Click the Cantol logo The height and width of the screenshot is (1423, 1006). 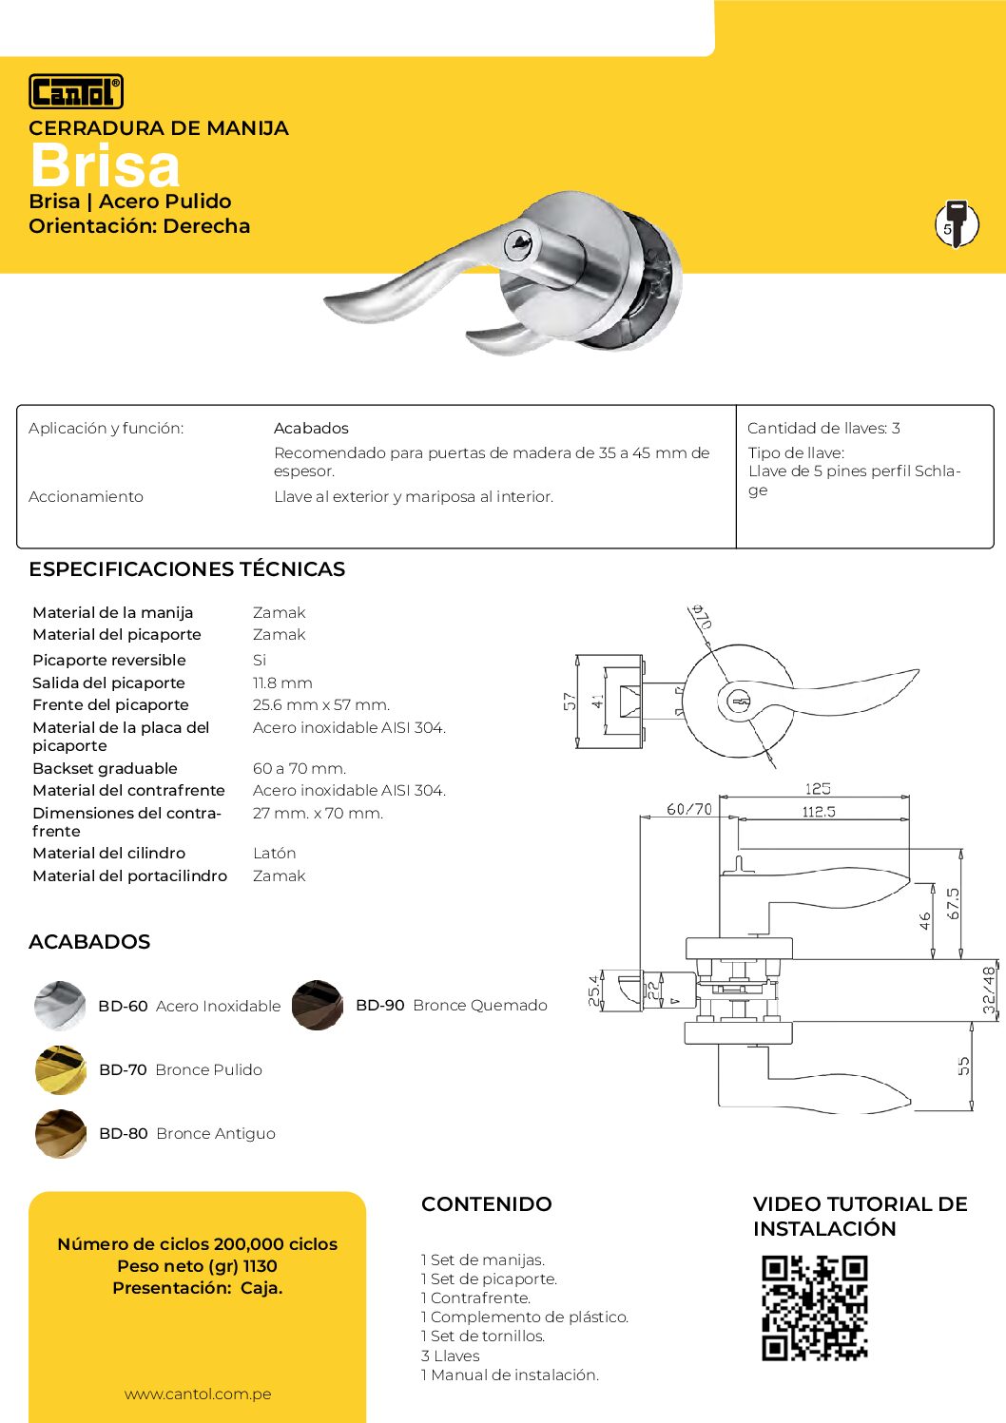76,91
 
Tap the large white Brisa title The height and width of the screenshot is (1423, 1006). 105,166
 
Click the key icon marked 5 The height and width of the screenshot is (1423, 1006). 956,224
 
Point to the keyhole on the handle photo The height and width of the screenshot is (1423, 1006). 519,243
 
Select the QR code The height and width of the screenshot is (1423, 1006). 814,1308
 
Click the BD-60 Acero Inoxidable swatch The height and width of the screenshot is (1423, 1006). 60,1006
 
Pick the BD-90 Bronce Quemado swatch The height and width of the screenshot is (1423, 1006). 317,1005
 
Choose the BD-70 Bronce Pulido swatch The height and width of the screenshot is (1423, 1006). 60,1069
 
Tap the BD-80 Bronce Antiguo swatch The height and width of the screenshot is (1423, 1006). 60,1133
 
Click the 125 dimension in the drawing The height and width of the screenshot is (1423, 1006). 818,789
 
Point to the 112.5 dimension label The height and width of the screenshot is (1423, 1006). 819,812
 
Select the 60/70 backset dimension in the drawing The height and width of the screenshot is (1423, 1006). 688,809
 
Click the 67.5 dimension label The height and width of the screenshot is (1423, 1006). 954,903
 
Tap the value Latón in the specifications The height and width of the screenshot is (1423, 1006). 274,854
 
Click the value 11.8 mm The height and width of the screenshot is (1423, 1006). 282,683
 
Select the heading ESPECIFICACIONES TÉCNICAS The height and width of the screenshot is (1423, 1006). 186,569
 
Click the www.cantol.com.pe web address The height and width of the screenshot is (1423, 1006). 198,1394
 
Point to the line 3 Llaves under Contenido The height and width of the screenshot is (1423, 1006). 451,1356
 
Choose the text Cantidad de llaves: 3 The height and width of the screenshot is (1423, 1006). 823,429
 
